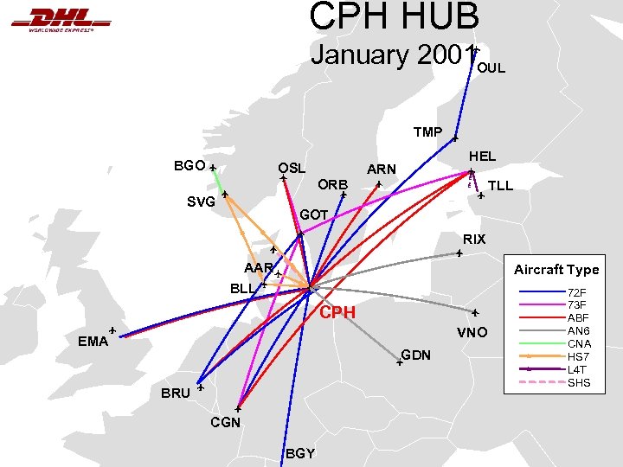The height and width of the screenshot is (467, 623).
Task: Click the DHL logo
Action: pyautogui.click(x=61, y=19)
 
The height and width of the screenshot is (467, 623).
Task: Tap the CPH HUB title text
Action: pyautogui.click(x=394, y=16)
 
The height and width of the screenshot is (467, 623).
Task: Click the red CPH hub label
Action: pyautogui.click(x=337, y=312)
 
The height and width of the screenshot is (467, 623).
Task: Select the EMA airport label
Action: pyautogui.click(x=93, y=341)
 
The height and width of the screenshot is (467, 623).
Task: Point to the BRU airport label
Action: pyautogui.click(x=176, y=393)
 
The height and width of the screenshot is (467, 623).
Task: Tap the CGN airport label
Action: pyautogui.click(x=225, y=422)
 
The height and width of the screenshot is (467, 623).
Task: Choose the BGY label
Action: pyautogui.click(x=299, y=453)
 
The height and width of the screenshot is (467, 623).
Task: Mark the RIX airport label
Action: pyautogui.click(x=474, y=239)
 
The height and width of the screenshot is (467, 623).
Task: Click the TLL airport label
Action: pyautogui.click(x=501, y=186)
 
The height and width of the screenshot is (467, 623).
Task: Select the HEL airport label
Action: pyautogui.click(x=482, y=157)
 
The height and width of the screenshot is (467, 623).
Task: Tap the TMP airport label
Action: pyautogui.click(x=427, y=132)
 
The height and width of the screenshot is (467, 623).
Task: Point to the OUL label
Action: pyautogui.click(x=491, y=67)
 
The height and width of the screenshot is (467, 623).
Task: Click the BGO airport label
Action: pyautogui.click(x=189, y=165)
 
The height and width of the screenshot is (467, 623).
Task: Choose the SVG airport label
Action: pyautogui.click(x=201, y=202)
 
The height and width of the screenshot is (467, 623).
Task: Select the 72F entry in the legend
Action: pyautogui.click(x=576, y=293)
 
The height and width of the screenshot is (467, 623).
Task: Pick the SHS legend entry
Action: pyautogui.click(x=578, y=382)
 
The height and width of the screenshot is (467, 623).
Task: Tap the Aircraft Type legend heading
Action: pyautogui.click(x=556, y=270)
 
